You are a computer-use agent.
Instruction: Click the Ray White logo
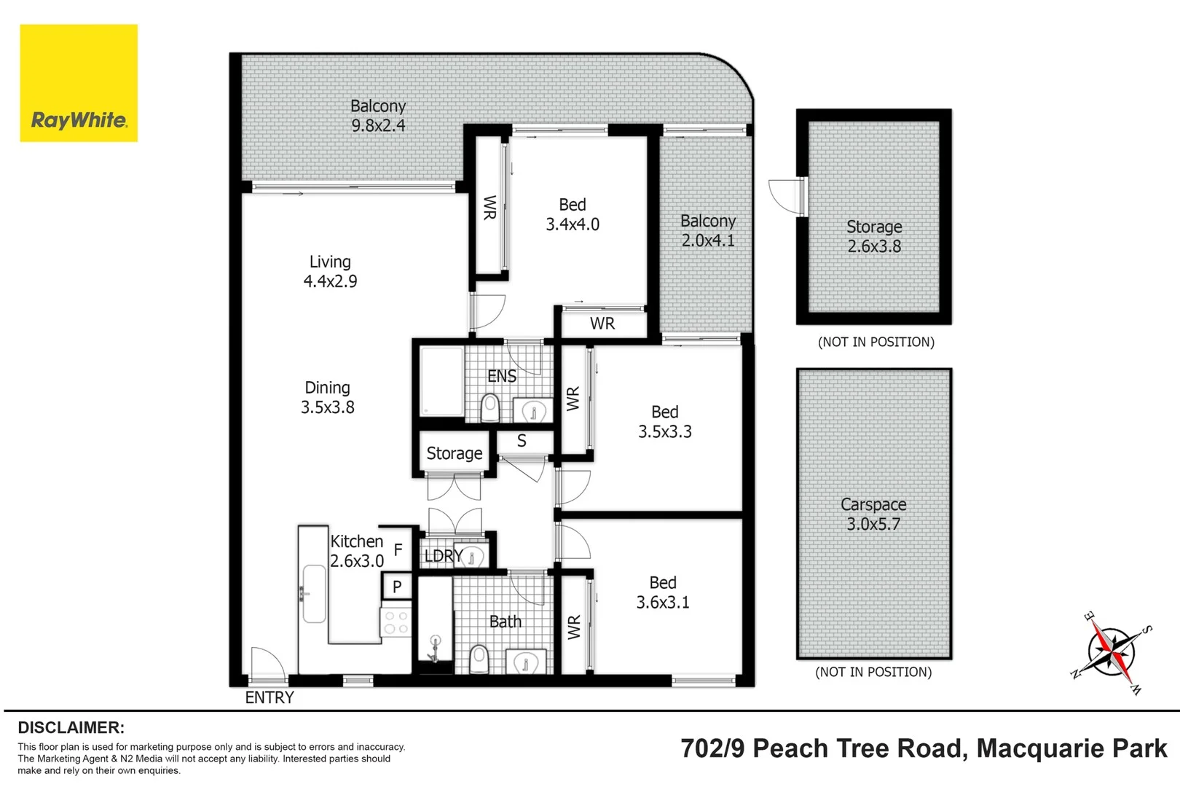(x=79, y=83)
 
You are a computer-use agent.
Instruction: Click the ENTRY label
(x=270, y=697)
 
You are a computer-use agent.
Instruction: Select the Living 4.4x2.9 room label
(x=330, y=271)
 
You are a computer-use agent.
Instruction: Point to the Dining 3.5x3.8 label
(x=327, y=397)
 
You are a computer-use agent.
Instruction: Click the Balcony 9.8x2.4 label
(x=378, y=115)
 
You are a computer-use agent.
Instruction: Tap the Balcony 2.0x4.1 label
(x=708, y=230)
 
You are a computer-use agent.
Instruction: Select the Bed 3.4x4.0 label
(x=573, y=214)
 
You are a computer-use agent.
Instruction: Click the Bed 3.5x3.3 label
(x=664, y=421)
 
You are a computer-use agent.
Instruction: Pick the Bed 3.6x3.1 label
(x=663, y=592)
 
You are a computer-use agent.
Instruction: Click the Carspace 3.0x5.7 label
(x=873, y=514)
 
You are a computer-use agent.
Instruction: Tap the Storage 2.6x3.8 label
(x=874, y=236)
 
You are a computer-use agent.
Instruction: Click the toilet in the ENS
(x=490, y=408)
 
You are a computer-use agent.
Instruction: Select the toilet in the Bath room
(x=479, y=659)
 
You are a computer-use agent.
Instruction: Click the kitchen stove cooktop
(x=396, y=622)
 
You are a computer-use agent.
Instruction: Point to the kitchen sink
(x=314, y=594)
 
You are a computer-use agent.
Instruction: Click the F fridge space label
(x=398, y=549)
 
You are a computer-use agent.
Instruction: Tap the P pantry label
(x=397, y=586)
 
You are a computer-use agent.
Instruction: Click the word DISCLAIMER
(x=71, y=727)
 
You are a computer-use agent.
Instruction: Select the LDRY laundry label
(x=442, y=556)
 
